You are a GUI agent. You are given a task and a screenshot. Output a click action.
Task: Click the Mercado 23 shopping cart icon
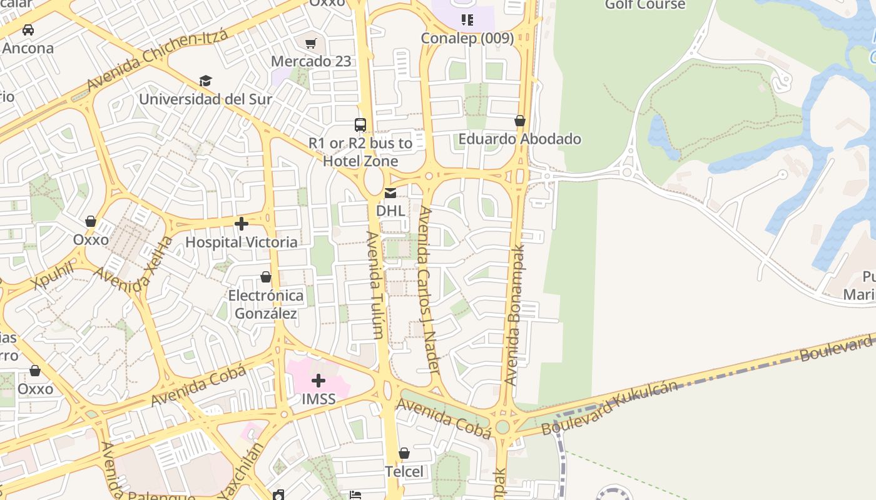coord(310,43)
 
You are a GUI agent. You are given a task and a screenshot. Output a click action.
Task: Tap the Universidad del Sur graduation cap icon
coord(205,81)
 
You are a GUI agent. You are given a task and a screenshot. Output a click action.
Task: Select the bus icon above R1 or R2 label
coord(360,124)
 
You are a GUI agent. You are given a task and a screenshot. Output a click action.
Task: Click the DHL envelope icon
coord(390,193)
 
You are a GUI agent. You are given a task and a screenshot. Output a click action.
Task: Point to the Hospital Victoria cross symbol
coord(242,223)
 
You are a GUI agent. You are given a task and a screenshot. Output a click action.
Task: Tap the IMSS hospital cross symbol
coord(318,380)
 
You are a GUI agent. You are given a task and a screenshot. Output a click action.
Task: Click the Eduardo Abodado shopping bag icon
coord(520,121)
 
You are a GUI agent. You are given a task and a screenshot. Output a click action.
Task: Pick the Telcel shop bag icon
coord(404,452)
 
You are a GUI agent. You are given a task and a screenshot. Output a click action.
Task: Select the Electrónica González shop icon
coord(266,277)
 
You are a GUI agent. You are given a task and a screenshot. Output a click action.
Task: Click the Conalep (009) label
coord(467,38)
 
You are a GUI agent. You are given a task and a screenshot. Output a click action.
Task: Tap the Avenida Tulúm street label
coord(375,285)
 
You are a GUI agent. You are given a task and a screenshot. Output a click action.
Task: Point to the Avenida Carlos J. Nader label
coord(429,291)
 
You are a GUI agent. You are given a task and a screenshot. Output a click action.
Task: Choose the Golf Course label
coord(644,5)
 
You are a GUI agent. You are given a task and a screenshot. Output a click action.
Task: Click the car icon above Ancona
coord(28,29)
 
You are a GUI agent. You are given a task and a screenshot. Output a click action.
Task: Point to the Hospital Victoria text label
coord(242,242)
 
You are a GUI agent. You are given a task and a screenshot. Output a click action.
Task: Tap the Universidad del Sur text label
coord(205,99)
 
